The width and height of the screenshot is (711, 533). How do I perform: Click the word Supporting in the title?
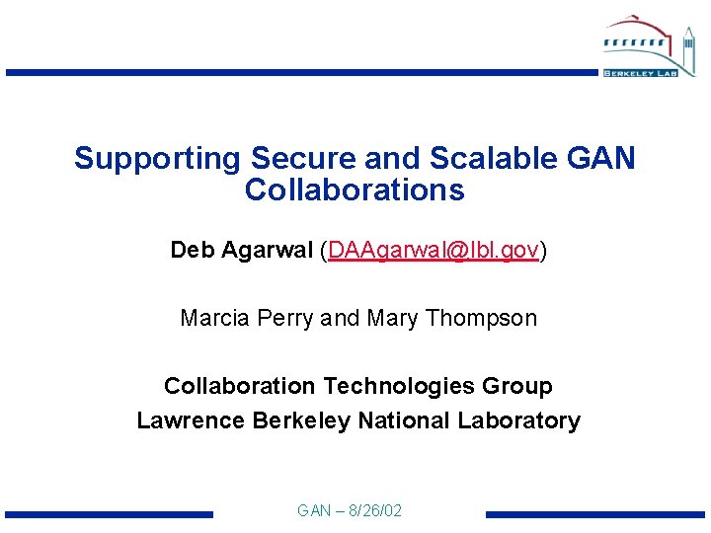(x=157, y=159)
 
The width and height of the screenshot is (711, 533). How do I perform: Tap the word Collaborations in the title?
(x=355, y=190)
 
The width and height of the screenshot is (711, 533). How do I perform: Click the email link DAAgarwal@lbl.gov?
(x=434, y=251)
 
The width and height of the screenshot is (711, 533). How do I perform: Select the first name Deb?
(x=191, y=251)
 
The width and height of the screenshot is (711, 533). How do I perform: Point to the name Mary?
(x=392, y=318)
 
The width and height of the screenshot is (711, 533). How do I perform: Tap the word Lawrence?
(x=191, y=420)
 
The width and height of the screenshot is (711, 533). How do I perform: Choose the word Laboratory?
(x=518, y=420)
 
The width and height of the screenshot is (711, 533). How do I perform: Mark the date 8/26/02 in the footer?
(x=370, y=511)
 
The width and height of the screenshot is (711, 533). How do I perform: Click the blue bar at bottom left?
(x=109, y=514)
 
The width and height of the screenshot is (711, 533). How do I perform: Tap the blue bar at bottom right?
(x=594, y=514)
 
